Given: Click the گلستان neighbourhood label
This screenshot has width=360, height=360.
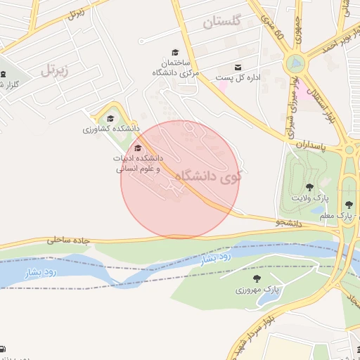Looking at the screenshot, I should (x=221, y=22).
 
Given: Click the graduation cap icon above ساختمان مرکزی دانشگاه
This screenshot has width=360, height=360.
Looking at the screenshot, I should (x=175, y=51).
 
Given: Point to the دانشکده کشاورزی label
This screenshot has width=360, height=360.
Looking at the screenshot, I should (x=110, y=129).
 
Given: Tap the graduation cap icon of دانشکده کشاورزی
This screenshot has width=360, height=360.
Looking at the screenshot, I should (x=110, y=118).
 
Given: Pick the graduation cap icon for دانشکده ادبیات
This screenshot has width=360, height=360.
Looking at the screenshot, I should (x=137, y=148).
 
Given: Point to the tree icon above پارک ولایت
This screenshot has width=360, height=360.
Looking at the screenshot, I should (x=309, y=187).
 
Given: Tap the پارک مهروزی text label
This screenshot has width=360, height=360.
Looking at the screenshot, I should (x=257, y=290).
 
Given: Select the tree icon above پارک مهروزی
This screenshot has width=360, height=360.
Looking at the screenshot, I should (x=256, y=278).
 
